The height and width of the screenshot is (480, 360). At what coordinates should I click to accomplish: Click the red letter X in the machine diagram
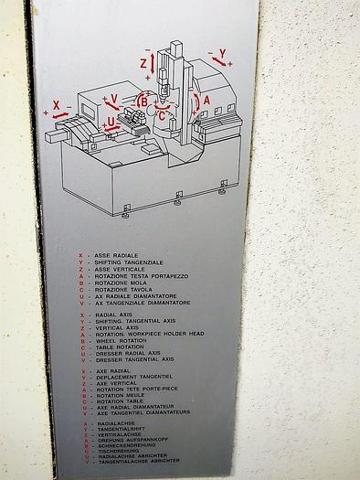56,105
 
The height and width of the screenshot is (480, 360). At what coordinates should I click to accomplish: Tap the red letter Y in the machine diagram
222,53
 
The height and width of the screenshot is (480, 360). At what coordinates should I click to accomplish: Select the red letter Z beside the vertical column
143,63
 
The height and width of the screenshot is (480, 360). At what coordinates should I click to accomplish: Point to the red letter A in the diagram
206,100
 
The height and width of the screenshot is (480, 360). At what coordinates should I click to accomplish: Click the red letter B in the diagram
144,101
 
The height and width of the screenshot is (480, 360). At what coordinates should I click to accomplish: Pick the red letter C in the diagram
162,116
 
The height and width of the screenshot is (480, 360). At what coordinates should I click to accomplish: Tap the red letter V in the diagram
113,98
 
